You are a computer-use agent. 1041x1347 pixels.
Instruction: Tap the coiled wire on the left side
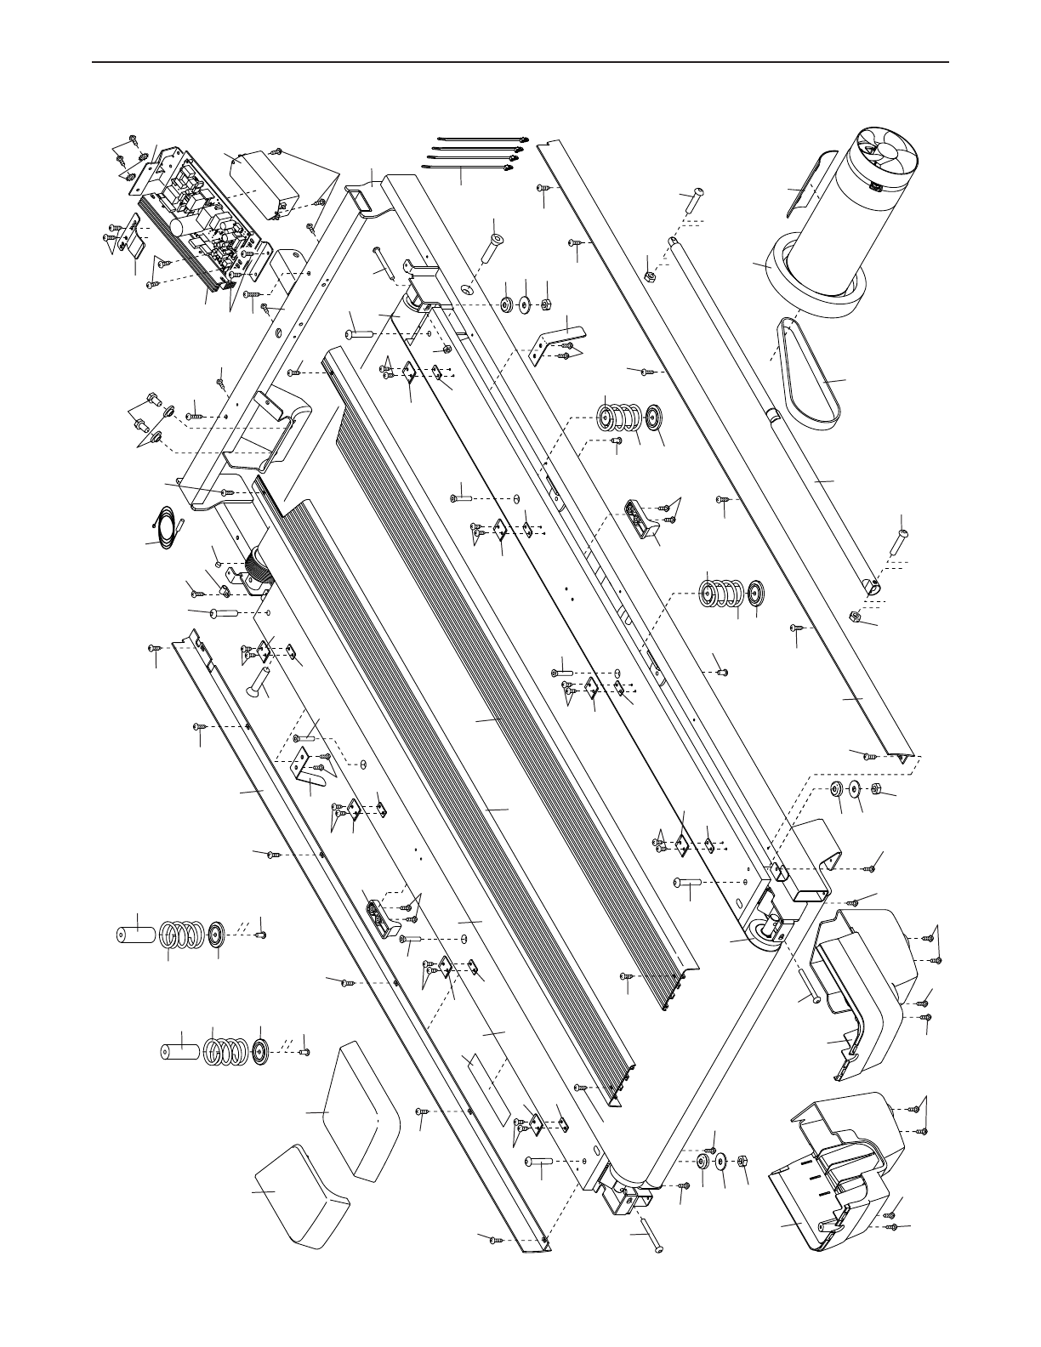click(x=168, y=521)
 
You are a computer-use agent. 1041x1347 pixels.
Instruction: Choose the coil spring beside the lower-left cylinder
click(x=225, y=1049)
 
